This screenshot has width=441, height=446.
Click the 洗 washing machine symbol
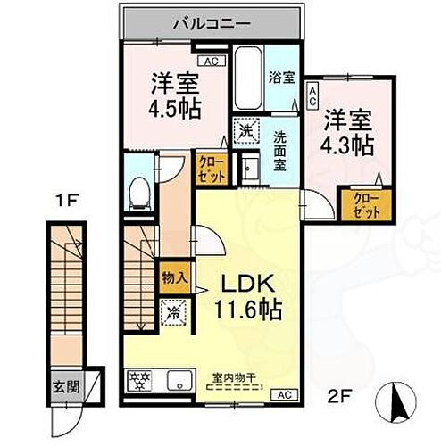click(245, 130)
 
